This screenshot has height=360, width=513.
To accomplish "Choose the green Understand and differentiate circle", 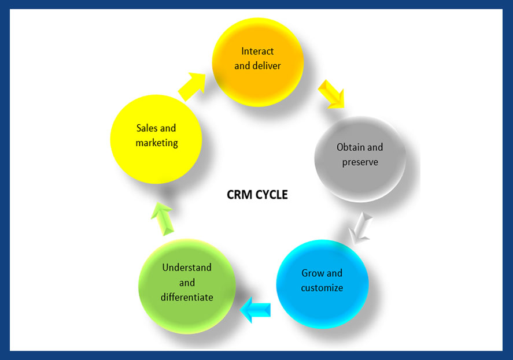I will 186,285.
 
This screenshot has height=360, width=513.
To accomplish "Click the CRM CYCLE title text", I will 257,195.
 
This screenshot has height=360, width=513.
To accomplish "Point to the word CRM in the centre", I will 238,195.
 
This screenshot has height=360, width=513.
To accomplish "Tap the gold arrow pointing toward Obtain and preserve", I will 331,94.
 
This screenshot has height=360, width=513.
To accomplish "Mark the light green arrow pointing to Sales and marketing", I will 164,218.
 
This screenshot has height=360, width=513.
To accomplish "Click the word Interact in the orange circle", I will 257,51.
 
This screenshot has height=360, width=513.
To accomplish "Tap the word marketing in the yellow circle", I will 157,142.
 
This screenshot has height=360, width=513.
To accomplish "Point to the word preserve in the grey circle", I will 360,162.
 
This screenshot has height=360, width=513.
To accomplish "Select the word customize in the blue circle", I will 322,288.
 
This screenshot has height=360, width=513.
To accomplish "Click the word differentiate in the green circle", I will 187,297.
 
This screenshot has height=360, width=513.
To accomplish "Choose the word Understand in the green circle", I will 187,268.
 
